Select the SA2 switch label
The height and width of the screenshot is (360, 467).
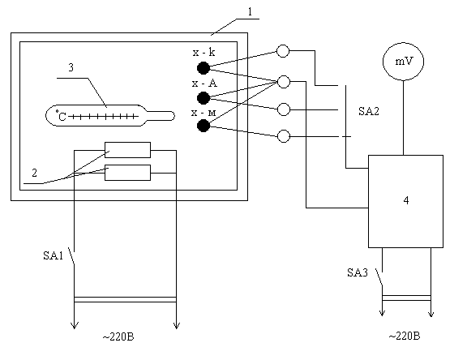(369, 111)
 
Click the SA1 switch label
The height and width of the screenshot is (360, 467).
(54, 255)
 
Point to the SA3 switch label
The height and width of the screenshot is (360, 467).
(358, 272)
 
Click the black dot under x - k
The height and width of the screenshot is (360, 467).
(204, 68)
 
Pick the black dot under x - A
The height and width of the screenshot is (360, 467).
(204, 98)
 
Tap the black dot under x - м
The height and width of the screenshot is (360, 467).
(204, 126)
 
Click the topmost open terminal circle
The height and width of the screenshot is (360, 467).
(283, 51)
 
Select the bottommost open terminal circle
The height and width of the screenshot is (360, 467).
(284, 136)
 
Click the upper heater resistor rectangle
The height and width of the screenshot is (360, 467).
(127, 150)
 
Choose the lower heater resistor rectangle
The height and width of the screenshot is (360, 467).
(127, 173)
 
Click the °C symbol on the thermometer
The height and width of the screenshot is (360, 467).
(61, 116)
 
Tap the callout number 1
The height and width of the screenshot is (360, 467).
(251, 11)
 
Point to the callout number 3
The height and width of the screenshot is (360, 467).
(71, 67)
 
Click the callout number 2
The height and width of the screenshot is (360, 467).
(34, 173)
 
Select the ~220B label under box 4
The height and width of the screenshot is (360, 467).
(405, 336)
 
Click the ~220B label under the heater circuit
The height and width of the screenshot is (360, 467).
(118, 336)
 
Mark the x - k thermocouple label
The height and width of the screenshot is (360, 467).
(204, 53)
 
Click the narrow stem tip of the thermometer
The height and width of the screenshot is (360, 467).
(174, 116)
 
